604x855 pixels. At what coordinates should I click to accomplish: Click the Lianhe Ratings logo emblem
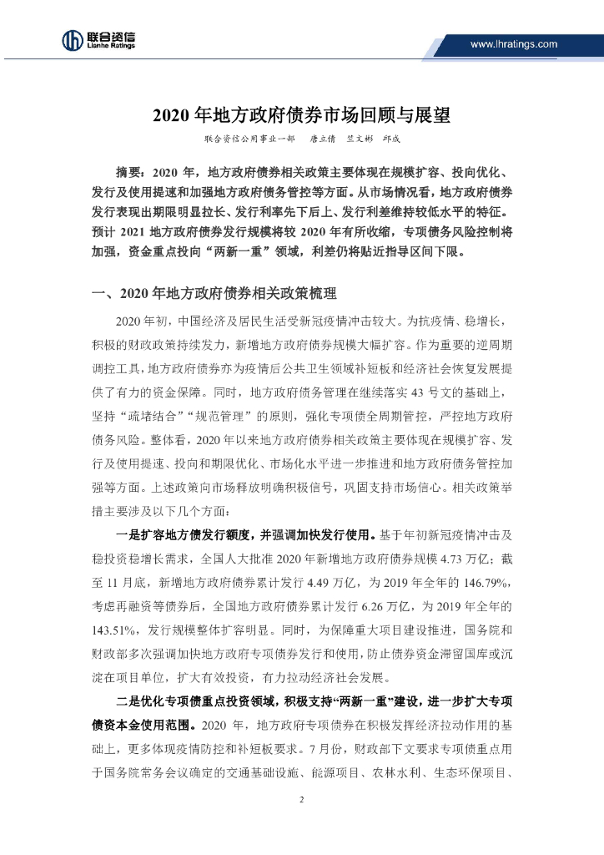[x=72, y=39]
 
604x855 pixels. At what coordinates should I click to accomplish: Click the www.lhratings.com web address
[x=513, y=44]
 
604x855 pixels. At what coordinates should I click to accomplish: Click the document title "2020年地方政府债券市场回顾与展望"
[x=301, y=114]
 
